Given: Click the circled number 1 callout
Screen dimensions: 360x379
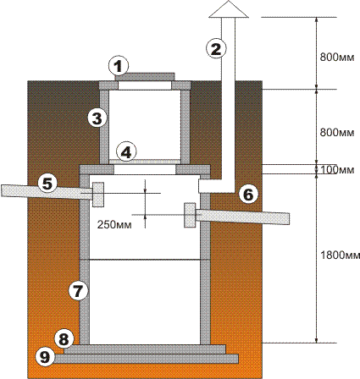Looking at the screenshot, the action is point(119,67).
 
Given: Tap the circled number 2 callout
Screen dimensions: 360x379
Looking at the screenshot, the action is point(216,49).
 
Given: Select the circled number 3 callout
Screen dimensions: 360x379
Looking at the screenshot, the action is point(97,118).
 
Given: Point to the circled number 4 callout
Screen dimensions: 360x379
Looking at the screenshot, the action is point(126,152).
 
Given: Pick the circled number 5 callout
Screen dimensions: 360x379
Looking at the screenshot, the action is point(47,184).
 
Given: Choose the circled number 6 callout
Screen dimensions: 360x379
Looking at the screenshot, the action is point(248,195).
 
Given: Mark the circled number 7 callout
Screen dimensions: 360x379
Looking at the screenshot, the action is point(78,290).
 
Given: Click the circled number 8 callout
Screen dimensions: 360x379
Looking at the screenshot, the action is point(64,339).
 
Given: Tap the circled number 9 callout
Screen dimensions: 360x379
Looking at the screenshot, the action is point(45,357).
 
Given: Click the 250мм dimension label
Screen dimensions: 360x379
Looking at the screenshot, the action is point(114,225).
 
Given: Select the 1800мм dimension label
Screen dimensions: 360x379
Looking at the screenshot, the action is point(341,255).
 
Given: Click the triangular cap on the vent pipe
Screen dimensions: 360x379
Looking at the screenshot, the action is point(229,9).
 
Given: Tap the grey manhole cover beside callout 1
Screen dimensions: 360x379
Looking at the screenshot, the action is point(145,77).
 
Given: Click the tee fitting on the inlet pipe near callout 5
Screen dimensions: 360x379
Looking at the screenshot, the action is point(97,195).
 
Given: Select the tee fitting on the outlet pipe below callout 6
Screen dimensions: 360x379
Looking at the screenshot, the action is point(190,215).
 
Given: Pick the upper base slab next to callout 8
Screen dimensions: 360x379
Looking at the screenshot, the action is point(145,349).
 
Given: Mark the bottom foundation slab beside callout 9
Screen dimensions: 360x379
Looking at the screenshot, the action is point(146,359).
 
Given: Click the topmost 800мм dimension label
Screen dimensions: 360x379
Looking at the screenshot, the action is point(337,58).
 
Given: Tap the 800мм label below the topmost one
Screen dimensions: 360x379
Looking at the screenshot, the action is point(337,132).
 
